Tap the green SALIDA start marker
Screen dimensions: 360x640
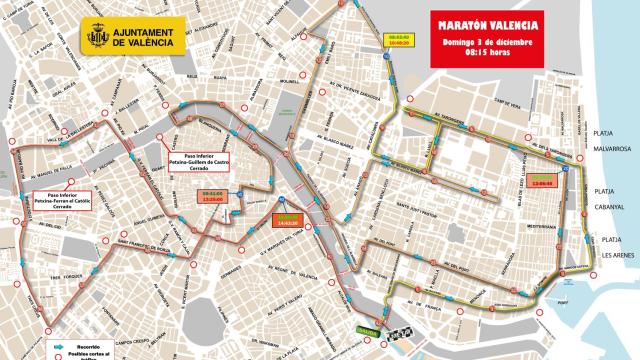[368, 333]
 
